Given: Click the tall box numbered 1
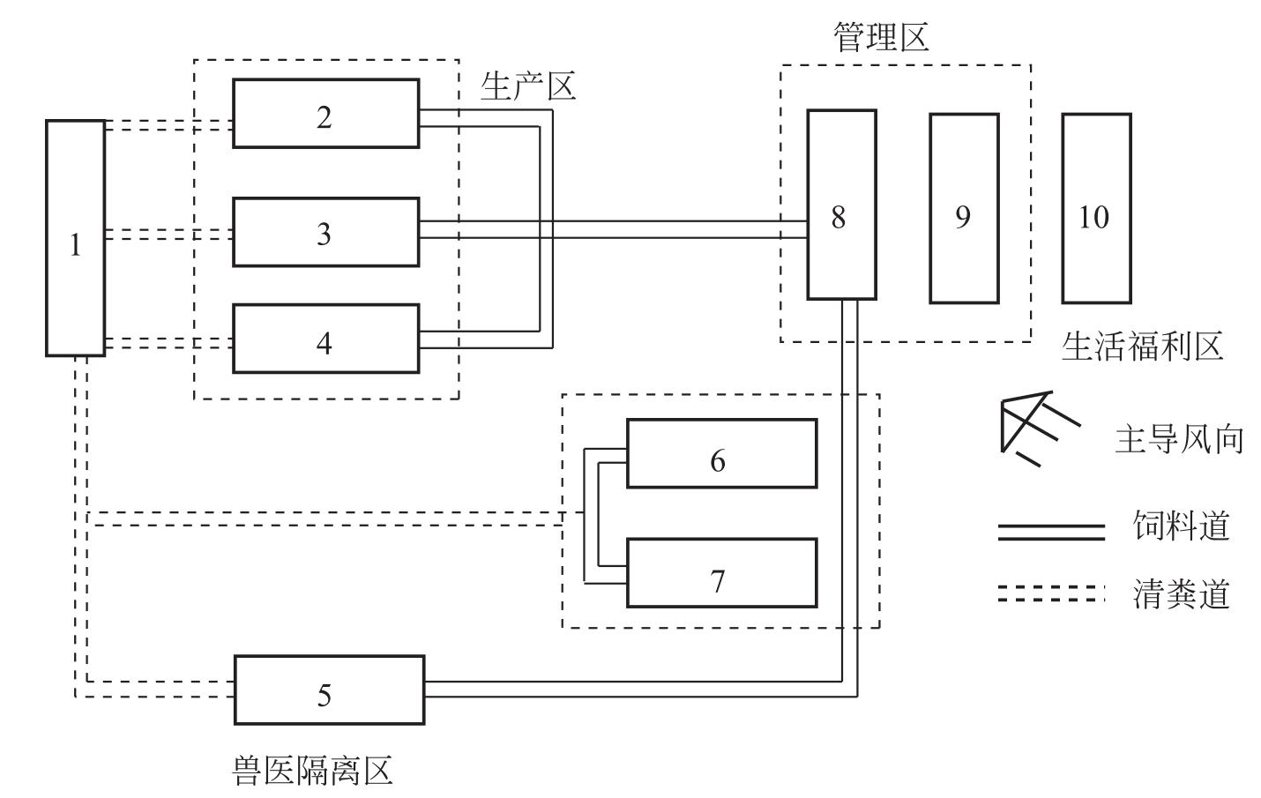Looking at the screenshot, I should (75, 238).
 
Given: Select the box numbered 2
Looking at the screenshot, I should (325, 114).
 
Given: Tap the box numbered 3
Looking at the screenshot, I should (325, 232).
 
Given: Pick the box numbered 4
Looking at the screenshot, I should (325, 339).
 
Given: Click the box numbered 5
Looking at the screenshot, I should (328, 690).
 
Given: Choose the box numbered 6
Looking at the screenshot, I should (721, 453).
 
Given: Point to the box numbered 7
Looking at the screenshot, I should (721, 573).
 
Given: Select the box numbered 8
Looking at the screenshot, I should (841, 205).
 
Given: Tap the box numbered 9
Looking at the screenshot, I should (964, 208).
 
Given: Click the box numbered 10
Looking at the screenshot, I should (1096, 208).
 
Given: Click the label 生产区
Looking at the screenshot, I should (528, 86).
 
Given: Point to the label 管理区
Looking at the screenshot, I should (881, 38).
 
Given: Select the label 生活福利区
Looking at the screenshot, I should (1142, 347).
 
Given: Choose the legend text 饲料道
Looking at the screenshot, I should (1181, 526).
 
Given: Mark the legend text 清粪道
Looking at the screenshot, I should (1181, 594).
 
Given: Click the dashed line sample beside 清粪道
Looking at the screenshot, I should (1050, 593).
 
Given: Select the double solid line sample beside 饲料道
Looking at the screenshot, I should (1050, 532).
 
